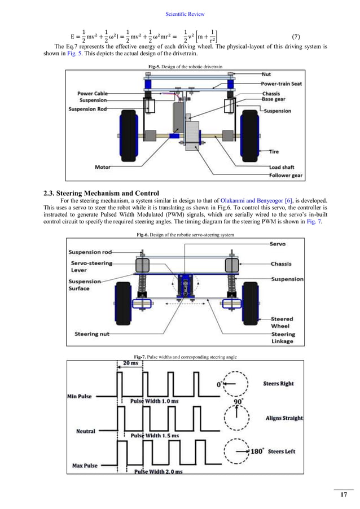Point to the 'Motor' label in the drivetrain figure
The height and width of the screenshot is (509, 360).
point(103,167)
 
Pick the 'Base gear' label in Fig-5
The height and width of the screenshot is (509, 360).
point(275,99)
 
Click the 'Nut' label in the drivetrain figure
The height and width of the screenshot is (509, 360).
point(266,74)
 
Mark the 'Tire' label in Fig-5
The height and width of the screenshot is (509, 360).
point(274,152)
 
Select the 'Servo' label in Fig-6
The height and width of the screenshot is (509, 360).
point(278,244)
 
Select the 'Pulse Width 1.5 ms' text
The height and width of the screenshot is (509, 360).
point(155,436)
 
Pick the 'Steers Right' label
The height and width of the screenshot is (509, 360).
point(279,384)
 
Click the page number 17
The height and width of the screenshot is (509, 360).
point(343,495)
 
